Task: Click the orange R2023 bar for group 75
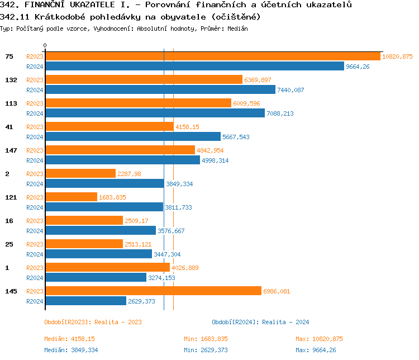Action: pyautogui.click(x=212, y=56)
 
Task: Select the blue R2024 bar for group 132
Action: pyautogui.click(x=160, y=90)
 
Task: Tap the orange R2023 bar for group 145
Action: pyautogui.click(x=153, y=291)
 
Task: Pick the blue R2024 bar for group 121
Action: pyautogui.click(x=104, y=207)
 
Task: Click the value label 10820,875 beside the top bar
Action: pyautogui.click(x=397, y=57)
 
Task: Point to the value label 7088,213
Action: pyautogui.click(x=280, y=113)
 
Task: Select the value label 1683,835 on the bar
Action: pyautogui.click(x=113, y=197)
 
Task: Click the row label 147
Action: pyautogui.click(x=9, y=150)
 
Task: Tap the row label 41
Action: pyautogui.click(x=9, y=127)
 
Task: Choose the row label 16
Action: pyautogui.click(x=9, y=221)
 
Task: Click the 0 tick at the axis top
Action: pyautogui.click(x=45, y=45)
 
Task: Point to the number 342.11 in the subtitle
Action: pyautogui.click(x=15, y=17)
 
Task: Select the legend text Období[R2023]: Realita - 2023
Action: pyautogui.click(x=93, y=322)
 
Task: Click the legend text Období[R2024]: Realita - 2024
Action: pyautogui.click(x=260, y=322)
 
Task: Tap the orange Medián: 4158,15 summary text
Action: pyautogui.click(x=70, y=339)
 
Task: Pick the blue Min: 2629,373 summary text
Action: pyautogui.click(x=206, y=350)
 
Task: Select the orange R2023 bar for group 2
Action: pyautogui.click(x=80, y=174)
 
